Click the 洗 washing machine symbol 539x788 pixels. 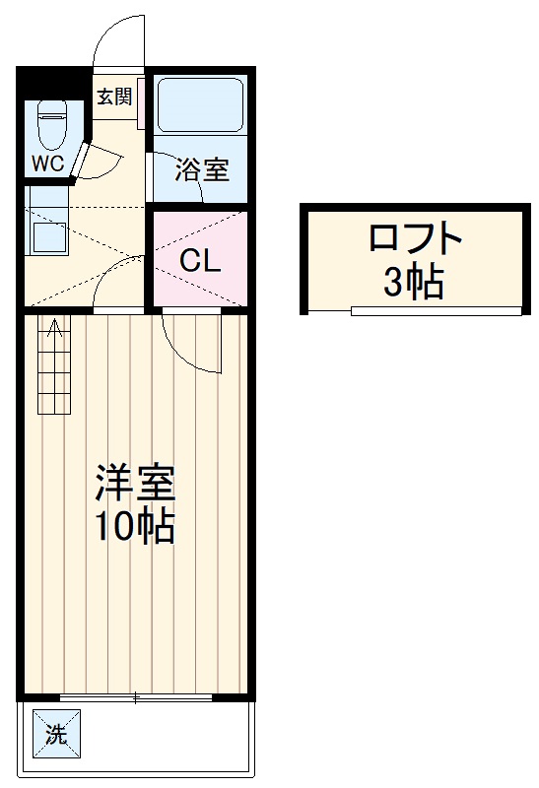pyautogui.click(x=56, y=733)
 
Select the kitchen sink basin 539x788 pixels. pyautogui.click(x=46, y=237)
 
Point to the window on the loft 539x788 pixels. pyautogui.click(x=435, y=310)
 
